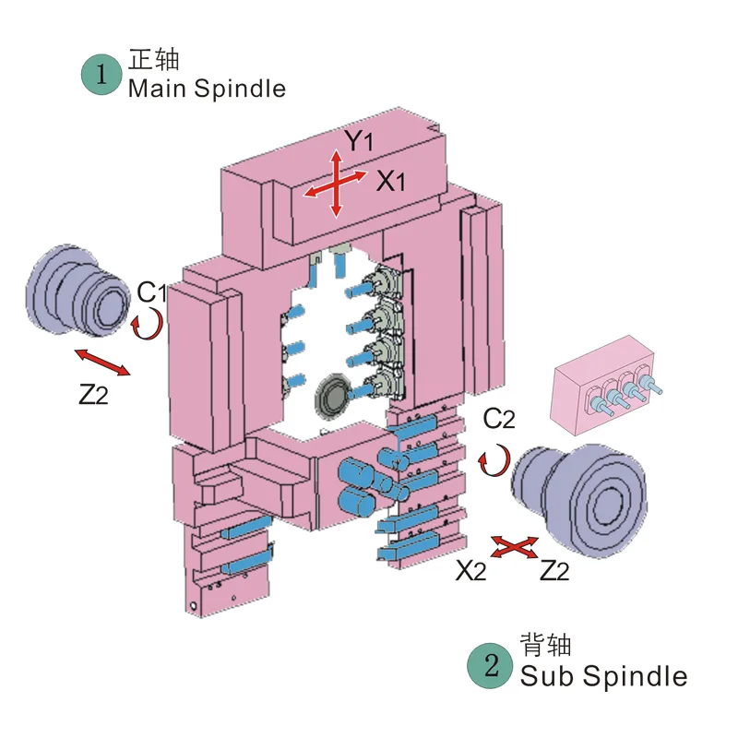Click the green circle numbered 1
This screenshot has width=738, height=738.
pyautogui.click(x=101, y=76)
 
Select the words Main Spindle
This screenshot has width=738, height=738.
pyautogui.click(x=207, y=89)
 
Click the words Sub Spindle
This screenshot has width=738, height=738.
pyautogui.click(x=603, y=675)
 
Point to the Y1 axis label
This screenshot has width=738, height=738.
pyautogui.click(x=359, y=141)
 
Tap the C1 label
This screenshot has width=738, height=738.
pyautogui.click(x=151, y=293)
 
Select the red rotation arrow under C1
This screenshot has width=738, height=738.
pyautogui.click(x=149, y=324)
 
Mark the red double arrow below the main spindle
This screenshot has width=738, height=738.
pyautogui.click(x=102, y=362)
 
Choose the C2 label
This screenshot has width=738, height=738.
pyautogui.click(x=499, y=420)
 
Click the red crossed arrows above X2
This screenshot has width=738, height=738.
pyautogui.click(x=513, y=547)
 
